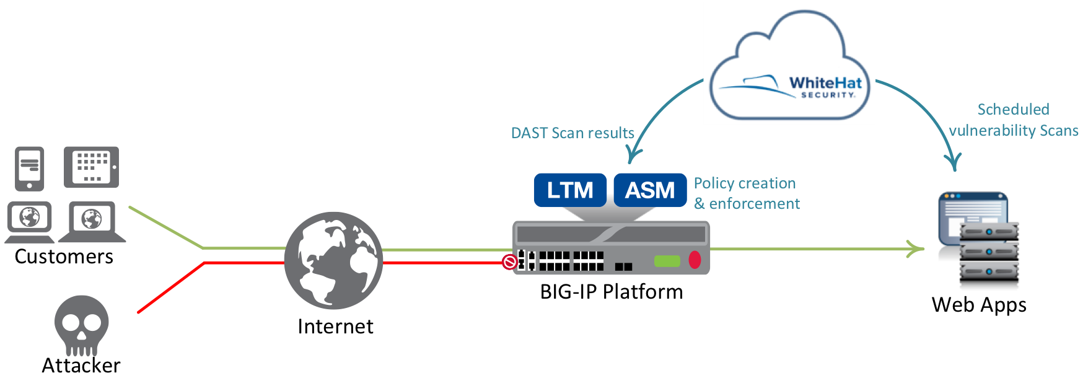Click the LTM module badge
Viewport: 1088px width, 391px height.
569,190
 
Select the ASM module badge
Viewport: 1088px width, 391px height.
649,190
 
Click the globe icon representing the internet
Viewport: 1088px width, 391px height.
333,260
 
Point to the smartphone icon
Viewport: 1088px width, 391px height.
30,169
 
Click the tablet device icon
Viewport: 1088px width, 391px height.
91,167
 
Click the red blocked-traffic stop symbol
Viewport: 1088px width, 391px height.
509,262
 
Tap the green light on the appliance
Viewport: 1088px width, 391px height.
667,261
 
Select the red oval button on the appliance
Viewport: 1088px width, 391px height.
695,260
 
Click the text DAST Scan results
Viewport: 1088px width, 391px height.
572,133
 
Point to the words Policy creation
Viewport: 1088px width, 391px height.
744,183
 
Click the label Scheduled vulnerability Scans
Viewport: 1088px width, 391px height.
1013,120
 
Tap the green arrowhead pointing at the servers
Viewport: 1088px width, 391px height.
916,249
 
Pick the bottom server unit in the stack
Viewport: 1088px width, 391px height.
989,271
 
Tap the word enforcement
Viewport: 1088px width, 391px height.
754,204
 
